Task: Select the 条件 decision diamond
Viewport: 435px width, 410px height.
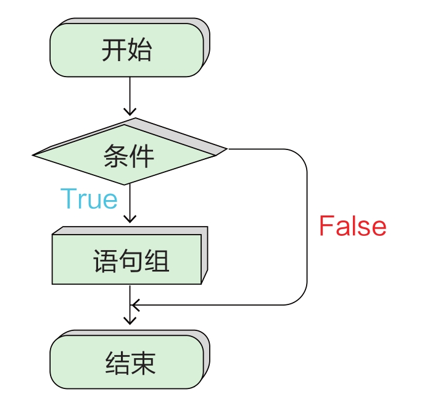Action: pyautogui.click(x=130, y=151)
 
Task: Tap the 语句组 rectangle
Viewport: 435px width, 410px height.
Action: pyautogui.click(x=130, y=256)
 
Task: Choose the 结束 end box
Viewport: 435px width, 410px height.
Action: pyautogui.click(x=130, y=359)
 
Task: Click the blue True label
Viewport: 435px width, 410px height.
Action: pyautogui.click(x=89, y=198)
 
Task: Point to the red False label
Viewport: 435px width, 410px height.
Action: pyautogui.click(x=352, y=225)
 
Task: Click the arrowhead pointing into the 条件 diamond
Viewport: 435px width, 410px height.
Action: pyautogui.click(x=130, y=112)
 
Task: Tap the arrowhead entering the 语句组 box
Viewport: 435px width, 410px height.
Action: pyautogui.click(x=130, y=219)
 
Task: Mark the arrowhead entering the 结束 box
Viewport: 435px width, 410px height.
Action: pyautogui.click(x=130, y=321)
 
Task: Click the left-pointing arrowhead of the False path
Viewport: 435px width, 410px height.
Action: pyautogui.click(x=135, y=305)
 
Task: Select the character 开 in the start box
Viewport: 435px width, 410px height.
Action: pyautogui.click(x=114, y=50)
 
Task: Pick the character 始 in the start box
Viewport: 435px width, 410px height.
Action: pyautogui.click(x=139, y=50)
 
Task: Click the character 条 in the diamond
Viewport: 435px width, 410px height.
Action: pyautogui.click(x=116, y=156)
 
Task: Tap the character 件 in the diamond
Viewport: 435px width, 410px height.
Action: pyautogui.click(x=141, y=156)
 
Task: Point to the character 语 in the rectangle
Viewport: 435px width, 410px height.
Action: pyautogui.click(x=106, y=261)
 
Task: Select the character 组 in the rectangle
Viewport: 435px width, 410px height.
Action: pyautogui.click(x=157, y=261)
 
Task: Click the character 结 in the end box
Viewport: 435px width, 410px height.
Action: pyautogui.click(x=118, y=363)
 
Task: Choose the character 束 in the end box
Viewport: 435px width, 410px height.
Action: pyautogui.click(x=143, y=363)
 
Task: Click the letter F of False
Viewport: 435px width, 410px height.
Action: pyautogui.click(x=326, y=225)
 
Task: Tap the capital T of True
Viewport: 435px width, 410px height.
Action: pyautogui.click(x=68, y=198)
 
